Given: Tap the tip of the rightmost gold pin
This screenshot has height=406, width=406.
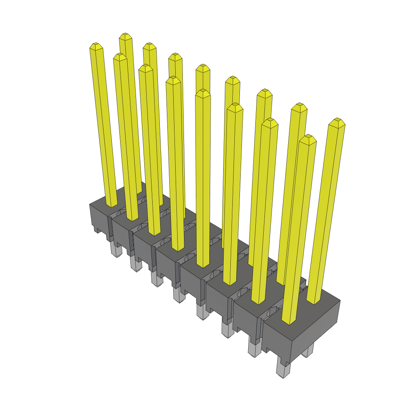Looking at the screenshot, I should point(337,121).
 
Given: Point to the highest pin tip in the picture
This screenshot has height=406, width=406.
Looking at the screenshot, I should point(126,36).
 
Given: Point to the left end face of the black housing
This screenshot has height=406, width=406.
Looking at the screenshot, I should point(99,218).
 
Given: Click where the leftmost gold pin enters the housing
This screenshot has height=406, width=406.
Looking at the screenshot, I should point(111,204).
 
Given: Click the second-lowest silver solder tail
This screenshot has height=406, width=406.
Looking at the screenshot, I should point(254,349).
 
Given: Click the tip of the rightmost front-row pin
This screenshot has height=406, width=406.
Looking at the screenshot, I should point(308,138).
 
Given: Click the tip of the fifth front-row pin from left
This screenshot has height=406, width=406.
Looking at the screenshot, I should point(203,93).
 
